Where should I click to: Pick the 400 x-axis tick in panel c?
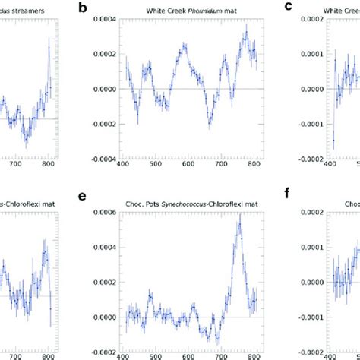(329, 165)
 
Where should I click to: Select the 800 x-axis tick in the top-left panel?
(47, 165)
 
